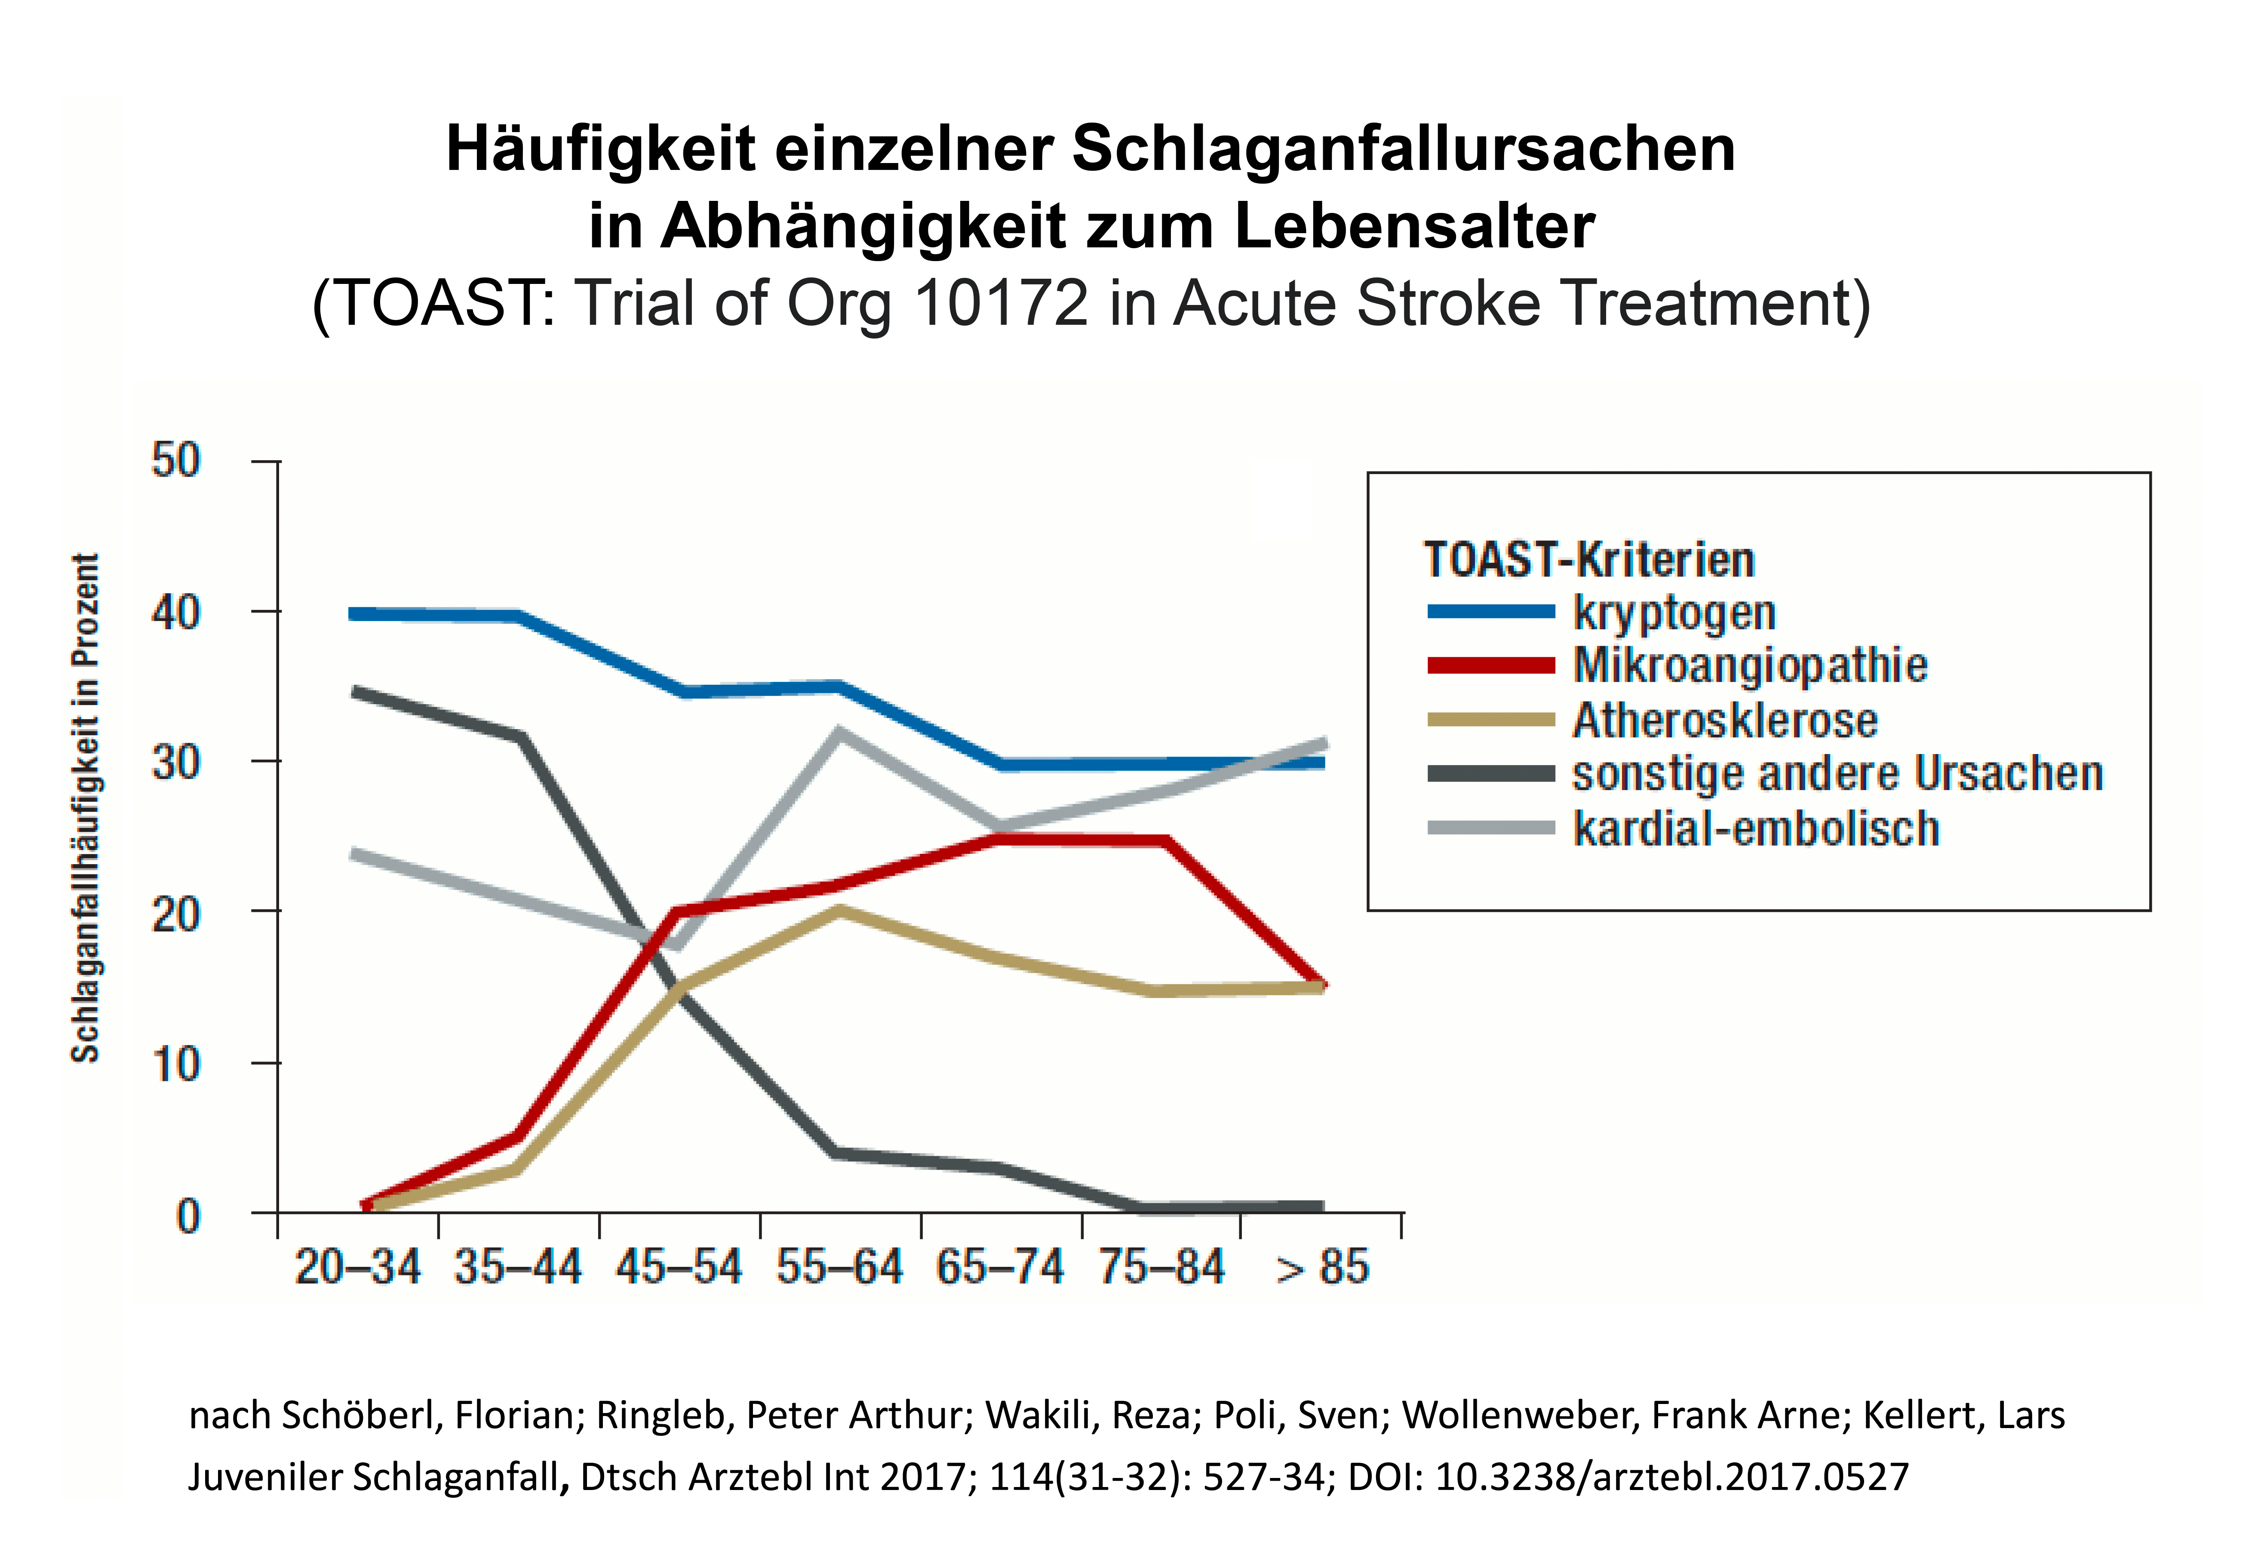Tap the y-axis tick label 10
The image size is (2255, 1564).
coord(176,1064)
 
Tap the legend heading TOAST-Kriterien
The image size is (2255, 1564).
coord(1589,560)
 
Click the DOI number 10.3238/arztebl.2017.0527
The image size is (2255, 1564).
coord(1672,1476)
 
